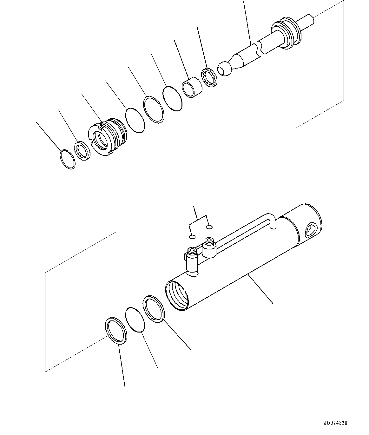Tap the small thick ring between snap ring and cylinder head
click(83, 151)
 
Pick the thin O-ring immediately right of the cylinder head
click(135, 120)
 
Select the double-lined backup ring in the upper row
click(153, 109)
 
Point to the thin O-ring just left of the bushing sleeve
click(172, 98)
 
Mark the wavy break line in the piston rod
click(260, 48)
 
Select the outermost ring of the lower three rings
click(116, 330)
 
